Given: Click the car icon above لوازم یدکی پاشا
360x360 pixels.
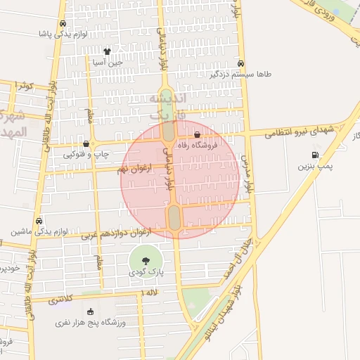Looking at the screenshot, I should [x=64, y=22].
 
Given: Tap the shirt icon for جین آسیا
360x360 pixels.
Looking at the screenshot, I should [x=107, y=51].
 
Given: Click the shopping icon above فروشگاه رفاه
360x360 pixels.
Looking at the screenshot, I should [x=197, y=133].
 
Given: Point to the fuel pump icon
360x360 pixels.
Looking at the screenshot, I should [x=314, y=155].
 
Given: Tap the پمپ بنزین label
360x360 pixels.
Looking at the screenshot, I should [x=313, y=167].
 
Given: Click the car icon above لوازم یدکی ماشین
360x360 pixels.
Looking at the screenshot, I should [x=38, y=219].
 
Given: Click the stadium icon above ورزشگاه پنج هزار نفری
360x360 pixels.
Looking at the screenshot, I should [x=90, y=311].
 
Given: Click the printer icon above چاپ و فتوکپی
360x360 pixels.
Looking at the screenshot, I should [x=86, y=143].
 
